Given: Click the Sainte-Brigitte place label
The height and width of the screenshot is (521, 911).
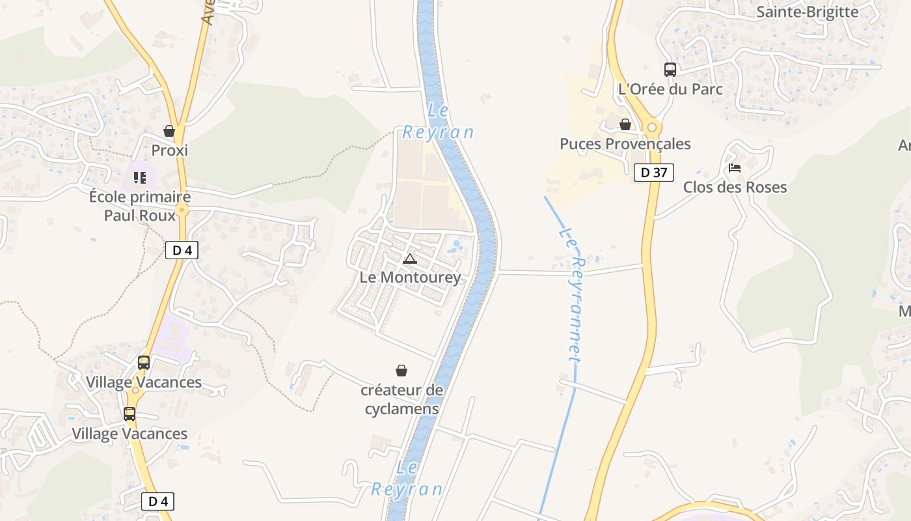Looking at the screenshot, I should (807, 12).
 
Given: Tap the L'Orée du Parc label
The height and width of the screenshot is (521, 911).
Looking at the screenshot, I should (670, 89).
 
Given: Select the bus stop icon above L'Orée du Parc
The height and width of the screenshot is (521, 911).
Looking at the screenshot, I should (670, 69).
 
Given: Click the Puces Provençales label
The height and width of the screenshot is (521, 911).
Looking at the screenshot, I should (625, 144).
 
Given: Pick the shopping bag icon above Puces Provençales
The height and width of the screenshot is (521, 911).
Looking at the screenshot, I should (625, 124).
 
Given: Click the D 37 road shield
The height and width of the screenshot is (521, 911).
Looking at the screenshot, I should (653, 173).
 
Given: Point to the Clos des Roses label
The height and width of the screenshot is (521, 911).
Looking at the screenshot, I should (735, 188).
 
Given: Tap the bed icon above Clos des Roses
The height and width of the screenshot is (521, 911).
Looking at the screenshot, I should (735, 168).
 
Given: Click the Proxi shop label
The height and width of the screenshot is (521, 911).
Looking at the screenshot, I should (169, 150).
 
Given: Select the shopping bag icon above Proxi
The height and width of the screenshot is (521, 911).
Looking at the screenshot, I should (169, 131).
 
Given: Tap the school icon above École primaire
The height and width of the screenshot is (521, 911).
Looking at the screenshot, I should (140, 177).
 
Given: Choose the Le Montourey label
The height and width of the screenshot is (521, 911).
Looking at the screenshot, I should (410, 277).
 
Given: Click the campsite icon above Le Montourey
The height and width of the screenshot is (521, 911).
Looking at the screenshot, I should (409, 259).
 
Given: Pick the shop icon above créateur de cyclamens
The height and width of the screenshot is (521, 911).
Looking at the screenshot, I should (402, 371).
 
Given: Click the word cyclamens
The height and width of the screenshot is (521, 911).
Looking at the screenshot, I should (401, 409).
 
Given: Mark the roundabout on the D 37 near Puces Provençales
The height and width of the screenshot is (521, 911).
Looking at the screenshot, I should (651, 128).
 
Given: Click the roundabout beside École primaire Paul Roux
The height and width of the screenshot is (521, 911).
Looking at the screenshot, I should (182, 210).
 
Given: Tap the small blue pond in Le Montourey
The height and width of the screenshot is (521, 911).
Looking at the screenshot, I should (456, 246).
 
